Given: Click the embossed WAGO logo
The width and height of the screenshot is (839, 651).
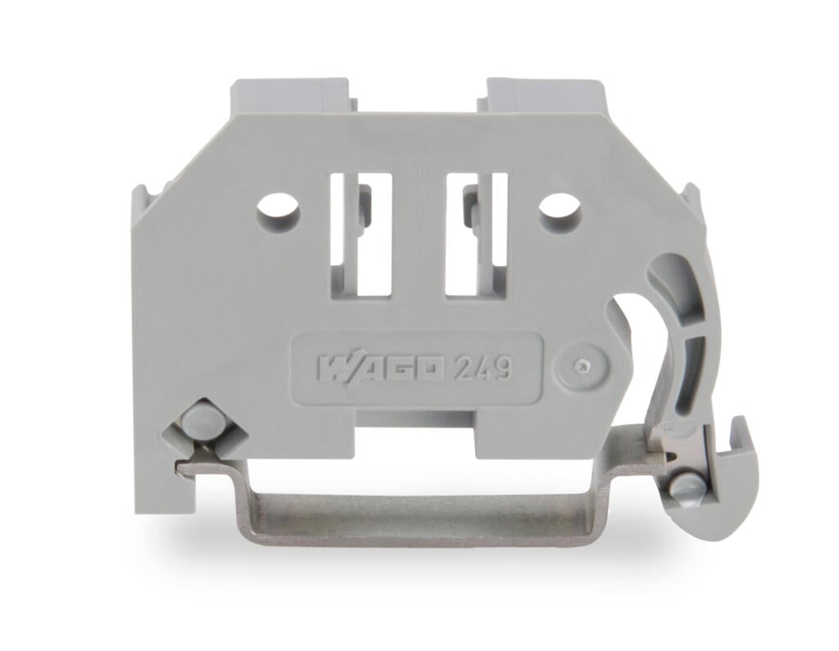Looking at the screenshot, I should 381,368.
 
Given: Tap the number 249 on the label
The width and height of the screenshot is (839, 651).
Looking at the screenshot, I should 483,368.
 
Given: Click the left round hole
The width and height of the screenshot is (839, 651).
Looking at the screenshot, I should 278,209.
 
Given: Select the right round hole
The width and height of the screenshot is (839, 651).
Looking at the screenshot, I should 560,209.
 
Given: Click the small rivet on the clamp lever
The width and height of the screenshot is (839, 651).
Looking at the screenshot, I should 687,488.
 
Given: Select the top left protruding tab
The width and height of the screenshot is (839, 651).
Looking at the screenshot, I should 291,95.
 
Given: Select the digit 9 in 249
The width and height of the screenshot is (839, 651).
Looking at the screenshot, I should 501,368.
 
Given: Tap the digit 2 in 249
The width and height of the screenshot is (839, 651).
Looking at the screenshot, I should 465,368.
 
